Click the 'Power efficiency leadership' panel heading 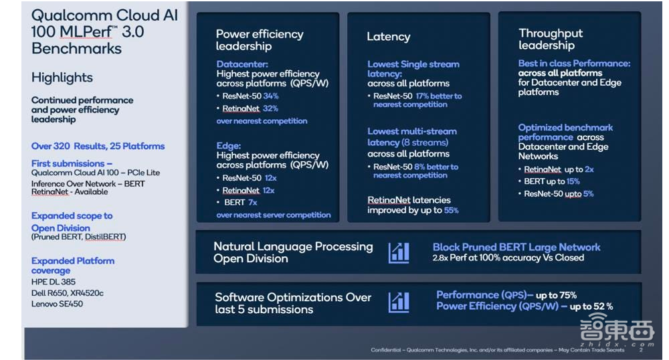point(260,40)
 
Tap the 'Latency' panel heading point(388,37)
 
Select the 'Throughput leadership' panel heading point(551,39)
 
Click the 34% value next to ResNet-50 point(270,96)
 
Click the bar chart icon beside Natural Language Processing point(399,252)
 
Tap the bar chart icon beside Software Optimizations point(399,302)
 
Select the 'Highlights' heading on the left point(62,78)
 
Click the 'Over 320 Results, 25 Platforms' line point(98,146)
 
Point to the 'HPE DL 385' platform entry point(54,282)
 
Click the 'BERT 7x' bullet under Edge point(240,202)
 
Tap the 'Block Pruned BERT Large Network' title point(516,247)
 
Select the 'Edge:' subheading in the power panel point(228,145)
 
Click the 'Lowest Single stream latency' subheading point(413,69)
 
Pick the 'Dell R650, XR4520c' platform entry point(68,293)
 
